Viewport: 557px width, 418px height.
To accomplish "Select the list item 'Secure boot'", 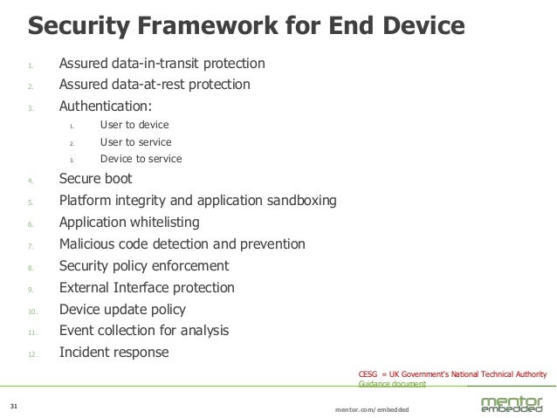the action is click(95, 179).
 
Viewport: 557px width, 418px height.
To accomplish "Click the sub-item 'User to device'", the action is click(134, 126).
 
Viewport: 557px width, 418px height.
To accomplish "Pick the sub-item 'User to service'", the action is click(136, 142).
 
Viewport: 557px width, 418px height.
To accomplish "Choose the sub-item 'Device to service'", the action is click(141, 159).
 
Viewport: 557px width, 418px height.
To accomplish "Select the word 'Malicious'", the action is click(88, 243).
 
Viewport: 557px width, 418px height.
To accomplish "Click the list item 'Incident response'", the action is click(113, 353).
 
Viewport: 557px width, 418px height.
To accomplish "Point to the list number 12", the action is click(32, 354).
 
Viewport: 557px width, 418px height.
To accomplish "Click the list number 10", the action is click(32, 311).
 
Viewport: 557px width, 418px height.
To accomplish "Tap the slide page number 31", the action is click(13, 406).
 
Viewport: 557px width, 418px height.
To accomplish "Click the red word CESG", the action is click(370, 374).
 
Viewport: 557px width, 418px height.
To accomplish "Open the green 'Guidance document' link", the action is click(392, 384).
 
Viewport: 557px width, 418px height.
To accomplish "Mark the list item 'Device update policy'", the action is click(121, 310).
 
